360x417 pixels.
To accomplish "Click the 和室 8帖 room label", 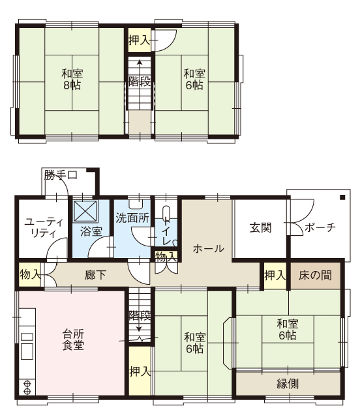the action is point(72,79).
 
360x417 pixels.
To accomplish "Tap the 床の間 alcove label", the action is point(315,275).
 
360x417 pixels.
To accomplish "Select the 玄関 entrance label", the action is point(261,228).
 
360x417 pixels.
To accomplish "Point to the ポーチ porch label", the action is point(320,227).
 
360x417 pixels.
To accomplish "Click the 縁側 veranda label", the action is point(288,384).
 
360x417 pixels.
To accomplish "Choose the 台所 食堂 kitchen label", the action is point(73,339).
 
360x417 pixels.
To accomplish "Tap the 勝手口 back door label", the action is point(61,175).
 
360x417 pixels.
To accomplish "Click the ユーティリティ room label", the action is point(44,228).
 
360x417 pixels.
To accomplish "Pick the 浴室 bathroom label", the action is point(91,232).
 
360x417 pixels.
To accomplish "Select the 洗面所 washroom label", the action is point(132,218).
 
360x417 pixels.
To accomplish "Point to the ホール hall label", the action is point(208,249).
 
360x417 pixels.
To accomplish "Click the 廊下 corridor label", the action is point(96,275).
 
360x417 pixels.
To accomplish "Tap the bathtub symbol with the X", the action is point(85,211).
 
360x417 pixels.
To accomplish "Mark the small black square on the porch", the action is point(342,197).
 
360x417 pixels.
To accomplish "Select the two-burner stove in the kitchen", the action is point(27,388).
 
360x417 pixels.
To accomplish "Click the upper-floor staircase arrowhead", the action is point(140,63).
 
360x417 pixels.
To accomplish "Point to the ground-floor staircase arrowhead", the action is point(139,329).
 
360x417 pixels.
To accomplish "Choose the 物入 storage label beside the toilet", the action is point(166,257).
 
